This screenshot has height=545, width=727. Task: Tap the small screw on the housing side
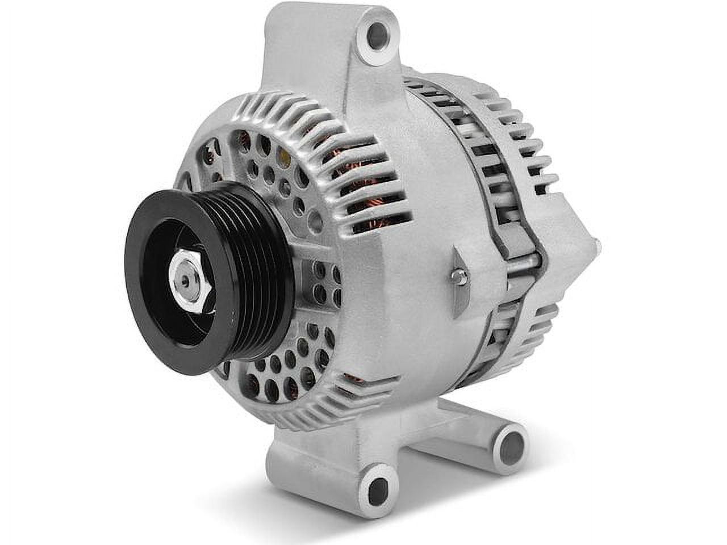(x=460, y=276)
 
